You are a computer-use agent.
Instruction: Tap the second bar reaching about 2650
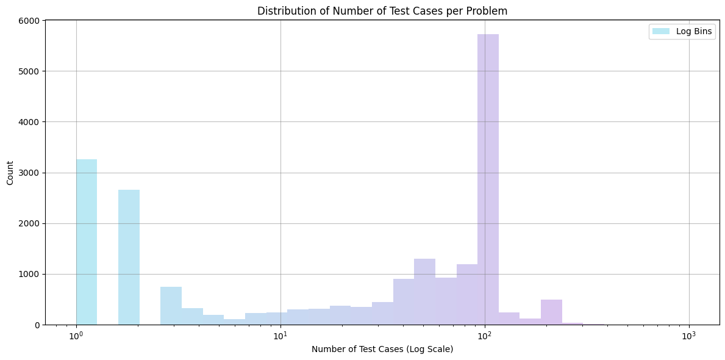129,257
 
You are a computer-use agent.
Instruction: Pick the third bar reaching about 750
171,306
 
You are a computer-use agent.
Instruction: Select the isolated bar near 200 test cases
551,312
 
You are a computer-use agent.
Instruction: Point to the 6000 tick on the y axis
31,21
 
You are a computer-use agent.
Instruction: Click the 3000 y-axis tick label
31,173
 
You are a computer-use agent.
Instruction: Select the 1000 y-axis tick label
31,274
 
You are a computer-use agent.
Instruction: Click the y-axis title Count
10,173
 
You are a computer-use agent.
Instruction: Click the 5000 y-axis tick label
31,71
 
